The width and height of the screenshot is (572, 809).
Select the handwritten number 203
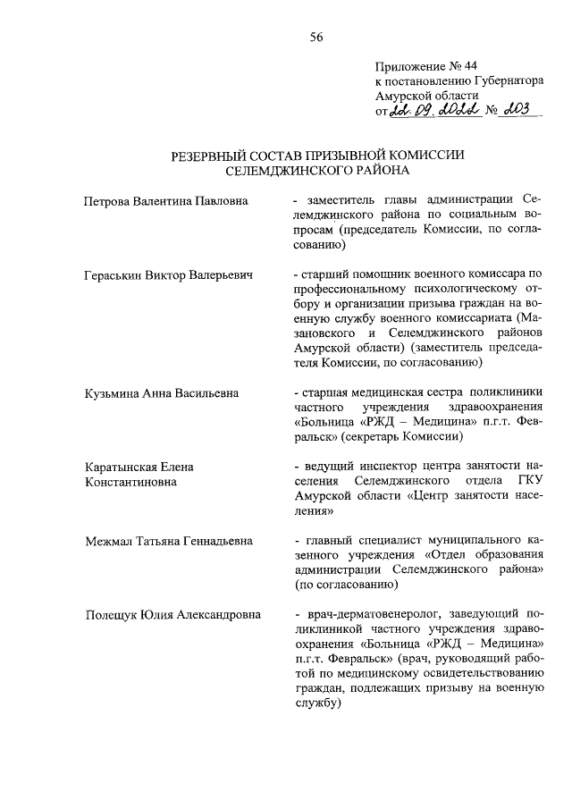[517, 110]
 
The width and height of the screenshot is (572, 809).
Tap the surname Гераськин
[116, 275]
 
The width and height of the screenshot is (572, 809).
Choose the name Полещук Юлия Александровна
[172, 615]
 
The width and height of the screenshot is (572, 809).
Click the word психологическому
[437, 290]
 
